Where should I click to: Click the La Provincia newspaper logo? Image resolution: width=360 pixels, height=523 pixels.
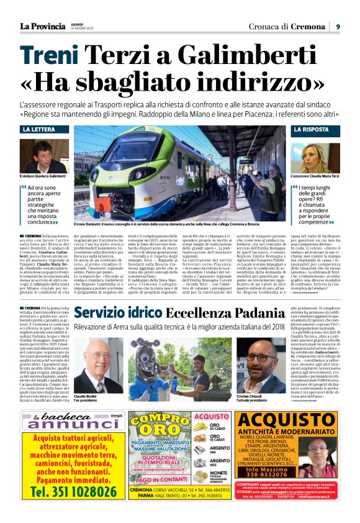point(43,26)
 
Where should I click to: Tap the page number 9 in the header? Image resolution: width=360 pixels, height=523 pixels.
point(338,27)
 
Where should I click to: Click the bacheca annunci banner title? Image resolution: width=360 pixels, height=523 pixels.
point(68,421)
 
